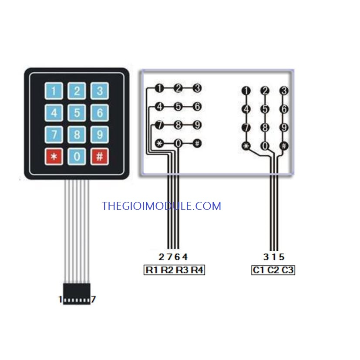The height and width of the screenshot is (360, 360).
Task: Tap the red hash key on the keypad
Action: (x=99, y=157)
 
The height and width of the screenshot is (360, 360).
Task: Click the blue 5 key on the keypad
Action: (x=77, y=113)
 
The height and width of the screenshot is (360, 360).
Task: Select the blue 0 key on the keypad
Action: (x=77, y=157)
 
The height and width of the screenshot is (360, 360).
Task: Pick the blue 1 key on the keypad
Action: (x=54, y=91)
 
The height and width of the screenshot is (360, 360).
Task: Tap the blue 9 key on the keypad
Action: (x=99, y=135)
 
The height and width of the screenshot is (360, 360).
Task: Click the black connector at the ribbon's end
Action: (x=77, y=294)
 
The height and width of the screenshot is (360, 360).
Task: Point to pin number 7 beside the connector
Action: (x=93, y=299)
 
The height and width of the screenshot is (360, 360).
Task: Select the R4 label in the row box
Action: (x=197, y=270)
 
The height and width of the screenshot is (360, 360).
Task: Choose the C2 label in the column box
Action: (x=273, y=270)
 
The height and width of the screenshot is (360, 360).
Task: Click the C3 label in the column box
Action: (x=287, y=270)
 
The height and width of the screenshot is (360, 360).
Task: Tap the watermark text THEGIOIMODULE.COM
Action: (x=161, y=206)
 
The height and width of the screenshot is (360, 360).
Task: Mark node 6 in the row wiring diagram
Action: (x=197, y=107)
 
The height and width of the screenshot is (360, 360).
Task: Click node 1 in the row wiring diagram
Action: (x=159, y=88)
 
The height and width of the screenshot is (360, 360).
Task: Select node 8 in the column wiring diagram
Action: (x=265, y=128)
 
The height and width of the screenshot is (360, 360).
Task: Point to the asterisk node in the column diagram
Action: (x=246, y=146)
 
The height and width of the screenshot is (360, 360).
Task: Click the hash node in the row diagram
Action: (x=197, y=144)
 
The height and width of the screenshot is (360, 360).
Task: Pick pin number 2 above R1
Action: (x=161, y=257)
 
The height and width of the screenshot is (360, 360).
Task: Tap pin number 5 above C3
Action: (x=282, y=257)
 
